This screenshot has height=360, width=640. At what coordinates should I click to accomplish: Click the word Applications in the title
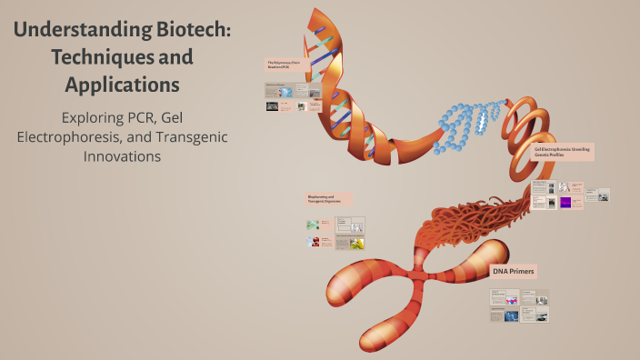click(x=122, y=85)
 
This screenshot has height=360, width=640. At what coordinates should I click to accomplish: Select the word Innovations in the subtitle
click(x=122, y=155)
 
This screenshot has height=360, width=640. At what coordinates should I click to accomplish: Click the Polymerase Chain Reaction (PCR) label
click(x=285, y=66)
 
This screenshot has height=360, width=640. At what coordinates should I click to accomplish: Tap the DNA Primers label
click(x=514, y=271)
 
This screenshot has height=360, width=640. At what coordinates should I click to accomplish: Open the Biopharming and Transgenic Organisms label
click(x=328, y=199)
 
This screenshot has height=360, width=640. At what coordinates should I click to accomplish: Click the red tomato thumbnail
click(x=313, y=243)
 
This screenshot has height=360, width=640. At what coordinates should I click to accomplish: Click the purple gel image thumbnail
click(x=565, y=204)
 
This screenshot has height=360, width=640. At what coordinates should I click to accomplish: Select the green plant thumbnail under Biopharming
click(x=313, y=225)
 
